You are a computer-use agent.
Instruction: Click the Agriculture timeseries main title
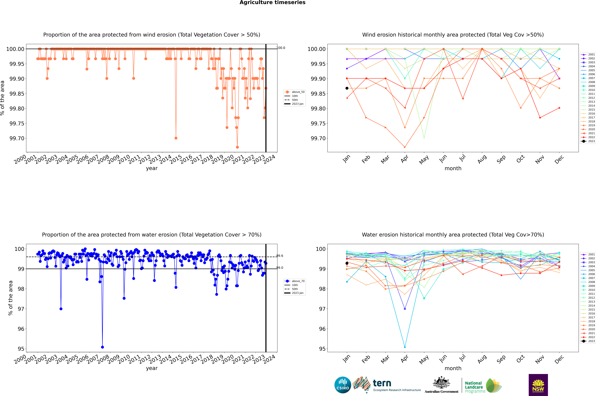[x=272, y=3]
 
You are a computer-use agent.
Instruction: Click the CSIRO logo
[x=343, y=385]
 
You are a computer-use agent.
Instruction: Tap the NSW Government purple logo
[x=538, y=385]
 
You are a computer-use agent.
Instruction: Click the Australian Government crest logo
[x=441, y=385]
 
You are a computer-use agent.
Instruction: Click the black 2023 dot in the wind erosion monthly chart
[x=347, y=88]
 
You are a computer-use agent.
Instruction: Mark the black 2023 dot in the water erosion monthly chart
[x=347, y=263]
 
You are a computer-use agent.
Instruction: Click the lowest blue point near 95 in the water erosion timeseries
[x=102, y=347]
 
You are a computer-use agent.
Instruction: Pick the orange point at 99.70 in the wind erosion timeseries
[x=176, y=138]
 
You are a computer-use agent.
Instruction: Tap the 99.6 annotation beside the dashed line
[x=280, y=256]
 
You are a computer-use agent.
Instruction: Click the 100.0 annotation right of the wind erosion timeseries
[x=281, y=48]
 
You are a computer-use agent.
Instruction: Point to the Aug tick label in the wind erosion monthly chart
[x=482, y=159]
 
